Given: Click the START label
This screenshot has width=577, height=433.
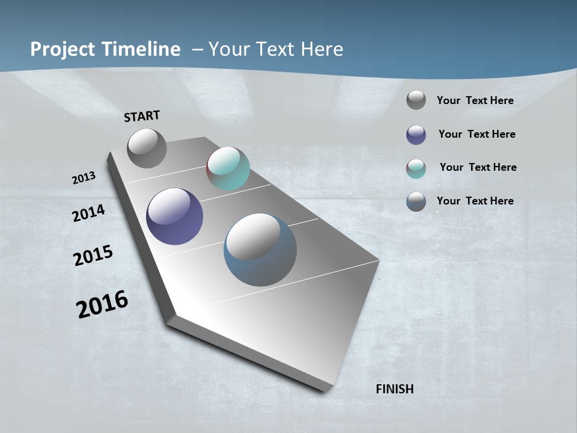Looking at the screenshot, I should tap(142, 116).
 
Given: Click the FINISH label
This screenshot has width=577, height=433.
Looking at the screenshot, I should tap(394, 389).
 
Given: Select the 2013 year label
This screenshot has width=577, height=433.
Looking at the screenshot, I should tap(84, 178).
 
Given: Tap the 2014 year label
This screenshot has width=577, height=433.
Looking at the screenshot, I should tap(88, 213).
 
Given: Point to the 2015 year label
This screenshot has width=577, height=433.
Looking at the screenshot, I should tap(93, 256).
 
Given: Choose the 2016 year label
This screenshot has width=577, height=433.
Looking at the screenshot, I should tap(102, 304).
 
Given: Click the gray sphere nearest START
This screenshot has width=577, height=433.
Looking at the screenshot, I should tap(147, 149).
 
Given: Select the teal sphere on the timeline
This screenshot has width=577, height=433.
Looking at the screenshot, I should tap(228, 168).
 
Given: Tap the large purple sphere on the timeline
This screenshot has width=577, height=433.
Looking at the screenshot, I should tap(174, 216).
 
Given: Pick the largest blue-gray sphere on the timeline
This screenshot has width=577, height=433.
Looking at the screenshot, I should tap(260, 250).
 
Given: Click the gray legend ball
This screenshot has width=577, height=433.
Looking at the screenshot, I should tap(416, 100).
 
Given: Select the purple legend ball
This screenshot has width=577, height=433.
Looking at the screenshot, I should tap(416, 135).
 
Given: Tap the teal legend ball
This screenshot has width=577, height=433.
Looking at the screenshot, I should tap(416, 168).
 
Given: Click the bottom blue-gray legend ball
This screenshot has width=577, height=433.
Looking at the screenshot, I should tap(416, 201).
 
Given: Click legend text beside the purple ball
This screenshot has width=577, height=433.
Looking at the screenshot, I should tap(477, 134).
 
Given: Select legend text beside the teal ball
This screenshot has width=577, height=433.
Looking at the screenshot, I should tap(478, 167).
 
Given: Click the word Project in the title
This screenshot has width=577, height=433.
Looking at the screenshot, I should tap(63, 49).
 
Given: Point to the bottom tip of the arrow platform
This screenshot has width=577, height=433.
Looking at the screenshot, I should tap(325, 391).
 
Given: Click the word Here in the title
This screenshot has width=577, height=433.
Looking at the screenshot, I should tap(322, 49).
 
